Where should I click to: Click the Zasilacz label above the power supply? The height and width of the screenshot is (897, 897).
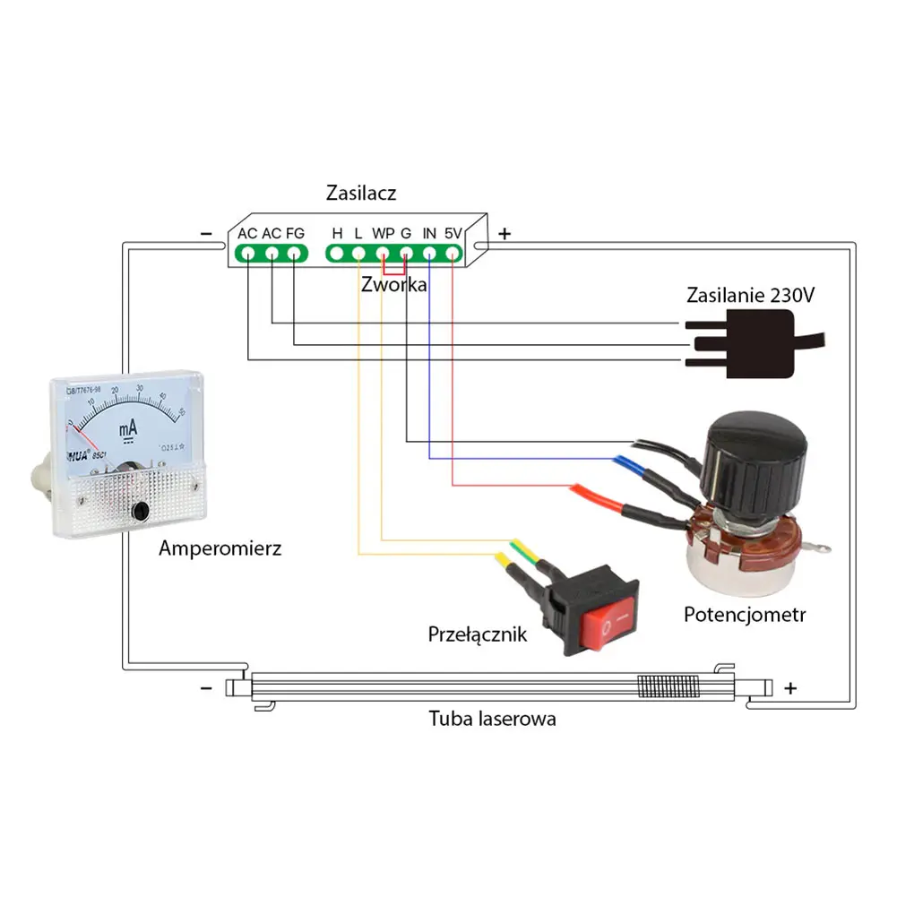[x=361, y=193]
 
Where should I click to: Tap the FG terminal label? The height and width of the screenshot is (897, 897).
[x=295, y=233]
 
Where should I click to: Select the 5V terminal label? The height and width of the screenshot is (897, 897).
[x=453, y=233]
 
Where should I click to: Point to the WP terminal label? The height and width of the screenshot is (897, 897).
[x=384, y=233]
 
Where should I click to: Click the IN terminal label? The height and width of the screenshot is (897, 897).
[x=429, y=233]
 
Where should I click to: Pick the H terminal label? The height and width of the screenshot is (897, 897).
[x=337, y=233]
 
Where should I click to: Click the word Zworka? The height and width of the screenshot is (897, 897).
[x=393, y=286]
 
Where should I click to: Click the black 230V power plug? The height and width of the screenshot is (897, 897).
[x=743, y=345]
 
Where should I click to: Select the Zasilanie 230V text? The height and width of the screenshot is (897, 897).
[x=751, y=296]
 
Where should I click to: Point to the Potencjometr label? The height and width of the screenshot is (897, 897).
[x=745, y=615]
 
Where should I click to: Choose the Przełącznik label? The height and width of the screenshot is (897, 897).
[x=478, y=634]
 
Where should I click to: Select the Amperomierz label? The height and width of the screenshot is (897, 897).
[x=220, y=548]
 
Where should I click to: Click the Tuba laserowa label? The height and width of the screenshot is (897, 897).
[x=492, y=718]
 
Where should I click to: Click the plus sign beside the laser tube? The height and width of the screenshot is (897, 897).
[x=789, y=688]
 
